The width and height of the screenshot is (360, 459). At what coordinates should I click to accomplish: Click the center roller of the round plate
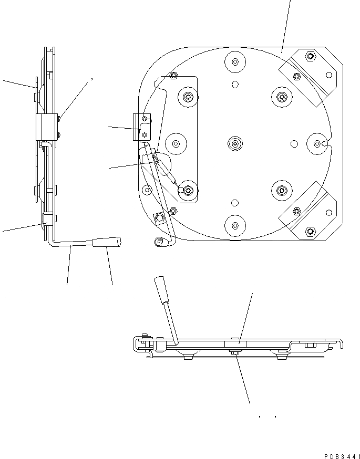pyautogui.click(x=235, y=143)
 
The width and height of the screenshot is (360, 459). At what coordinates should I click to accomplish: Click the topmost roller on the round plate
pyautogui.click(x=235, y=62)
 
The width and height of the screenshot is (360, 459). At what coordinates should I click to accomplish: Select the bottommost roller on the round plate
pyautogui.click(x=235, y=224)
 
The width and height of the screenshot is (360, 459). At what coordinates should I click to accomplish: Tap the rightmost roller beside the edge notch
pyautogui.click(x=317, y=143)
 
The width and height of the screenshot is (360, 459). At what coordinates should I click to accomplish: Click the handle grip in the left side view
pyautogui.click(x=107, y=242)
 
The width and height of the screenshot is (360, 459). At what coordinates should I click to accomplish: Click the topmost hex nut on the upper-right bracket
pyautogui.click(x=310, y=57)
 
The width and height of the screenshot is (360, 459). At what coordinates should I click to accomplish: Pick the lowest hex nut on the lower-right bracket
pyautogui.click(x=310, y=231)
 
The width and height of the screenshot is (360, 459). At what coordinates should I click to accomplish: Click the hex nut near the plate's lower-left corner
pyautogui.click(x=158, y=217)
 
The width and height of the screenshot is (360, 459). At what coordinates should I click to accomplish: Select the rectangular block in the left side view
pyautogui.click(x=46, y=127)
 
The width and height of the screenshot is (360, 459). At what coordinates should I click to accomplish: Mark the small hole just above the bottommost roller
pyautogui.click(x=235, y=202)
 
